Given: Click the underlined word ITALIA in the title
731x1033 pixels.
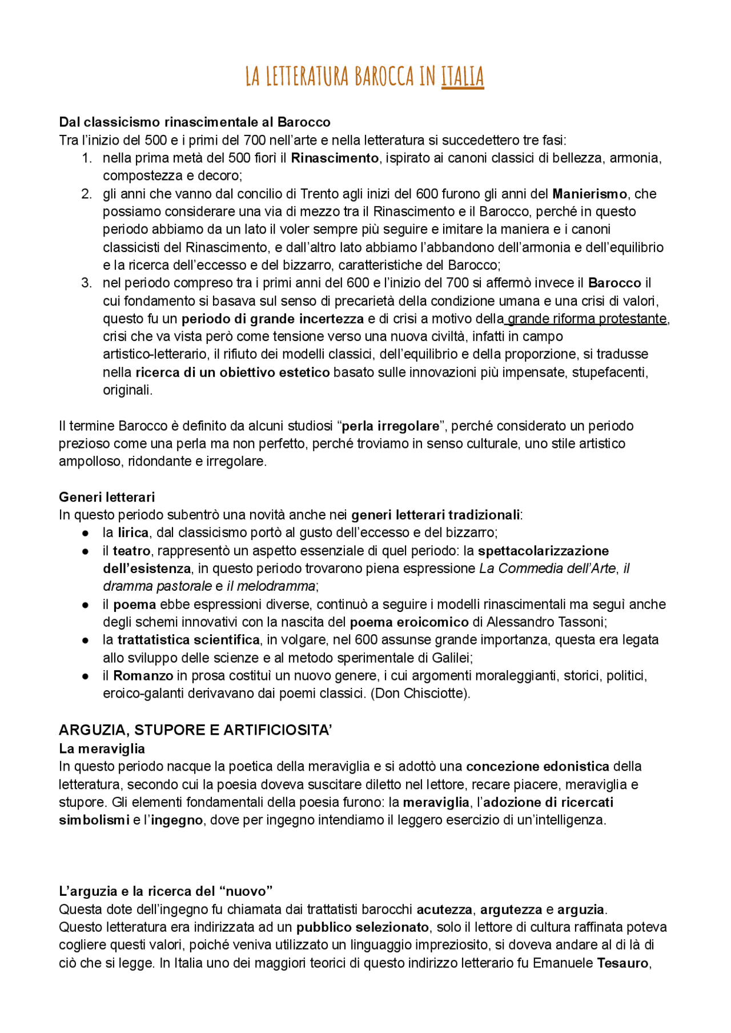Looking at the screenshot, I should pyautogui.click(x=462, y=77).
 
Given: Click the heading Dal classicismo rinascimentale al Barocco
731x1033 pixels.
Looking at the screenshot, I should pyautogui.click(x=195, y=122).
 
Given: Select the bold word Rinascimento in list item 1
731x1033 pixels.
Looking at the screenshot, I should pyautogui.click(x=335, y=158).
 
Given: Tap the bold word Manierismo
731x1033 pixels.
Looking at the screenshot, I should pyautogui.click(x=589, y=194).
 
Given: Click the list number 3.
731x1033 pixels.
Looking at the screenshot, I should pyautogui.click(x=86, y=283).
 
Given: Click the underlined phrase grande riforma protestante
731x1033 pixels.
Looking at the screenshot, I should pyautogui.click(x=587, y=319).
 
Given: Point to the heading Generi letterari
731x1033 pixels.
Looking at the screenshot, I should pyautogui.click(x=107, y=497).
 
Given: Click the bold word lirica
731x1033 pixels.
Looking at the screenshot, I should pyautogui.click(x=133, y=532).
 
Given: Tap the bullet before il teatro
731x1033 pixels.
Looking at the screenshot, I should pyautogui.click(x=85, y=551).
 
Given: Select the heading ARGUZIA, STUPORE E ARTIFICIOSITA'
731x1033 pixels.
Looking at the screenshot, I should pyautogui.click(x=195, y=730).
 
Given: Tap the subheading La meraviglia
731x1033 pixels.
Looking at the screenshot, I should pyautogui.click(x=102, y=748).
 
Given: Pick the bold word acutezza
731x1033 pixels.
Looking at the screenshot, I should pyautogui.click(x=445, y=910).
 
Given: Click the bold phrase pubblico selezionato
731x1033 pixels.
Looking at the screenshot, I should pyautogui.click(x=362, y=927).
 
